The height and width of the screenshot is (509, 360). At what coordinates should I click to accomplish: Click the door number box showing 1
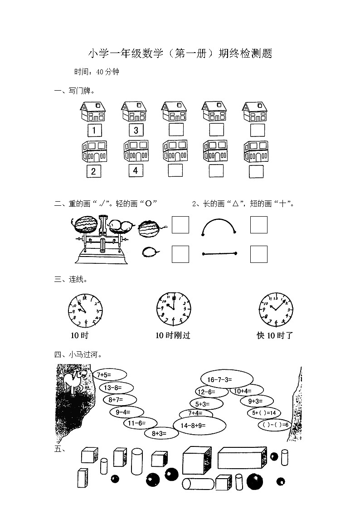coord(94,131)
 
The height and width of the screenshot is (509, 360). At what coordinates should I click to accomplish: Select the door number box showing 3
coord(136,131)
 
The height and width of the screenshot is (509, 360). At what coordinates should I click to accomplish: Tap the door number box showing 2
coord(93,171)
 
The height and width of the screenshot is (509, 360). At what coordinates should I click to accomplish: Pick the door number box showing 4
coord(135,171)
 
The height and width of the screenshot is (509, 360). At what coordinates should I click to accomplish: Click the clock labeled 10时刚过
coord(173,308)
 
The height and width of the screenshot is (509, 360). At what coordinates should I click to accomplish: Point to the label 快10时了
coord(275,335)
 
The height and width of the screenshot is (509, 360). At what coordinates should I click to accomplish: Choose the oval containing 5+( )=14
coord(264,413)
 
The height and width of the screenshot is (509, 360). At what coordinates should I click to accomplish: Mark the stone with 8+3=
coord(159,434)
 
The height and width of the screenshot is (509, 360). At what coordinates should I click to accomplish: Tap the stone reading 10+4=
coord(246,391)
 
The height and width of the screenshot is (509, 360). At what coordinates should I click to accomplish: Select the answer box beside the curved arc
coord(258,225)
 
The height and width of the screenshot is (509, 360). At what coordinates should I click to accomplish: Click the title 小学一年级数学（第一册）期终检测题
coord(180,54)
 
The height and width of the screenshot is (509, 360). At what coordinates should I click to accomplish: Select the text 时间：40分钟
coord(97,72)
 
